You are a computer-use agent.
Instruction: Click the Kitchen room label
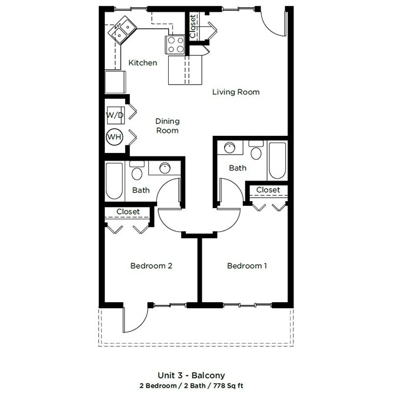(x=143, y=63)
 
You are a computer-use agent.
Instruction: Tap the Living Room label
(x=236, y=92)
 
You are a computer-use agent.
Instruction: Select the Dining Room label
(x=167, y=126)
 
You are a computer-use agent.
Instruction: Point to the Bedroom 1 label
(x=247, y=266)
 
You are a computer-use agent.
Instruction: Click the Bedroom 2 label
(x=151, y=266)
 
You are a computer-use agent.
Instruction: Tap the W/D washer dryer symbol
(x=115, y=115)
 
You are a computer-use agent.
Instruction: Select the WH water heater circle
(x=114, y=138)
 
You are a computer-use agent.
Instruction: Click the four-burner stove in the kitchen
(x=175, y=44)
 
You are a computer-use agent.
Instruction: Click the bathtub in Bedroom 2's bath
(x=115, y=181)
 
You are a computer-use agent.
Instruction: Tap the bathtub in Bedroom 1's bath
(x=277, y=160)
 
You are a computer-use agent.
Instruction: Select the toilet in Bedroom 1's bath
(x=256, y=153)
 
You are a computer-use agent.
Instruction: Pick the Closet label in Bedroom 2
(x=128, y=212)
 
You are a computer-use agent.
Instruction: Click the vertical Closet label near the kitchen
(x=193, y=26)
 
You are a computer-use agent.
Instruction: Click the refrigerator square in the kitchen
(x=115, y=82)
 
